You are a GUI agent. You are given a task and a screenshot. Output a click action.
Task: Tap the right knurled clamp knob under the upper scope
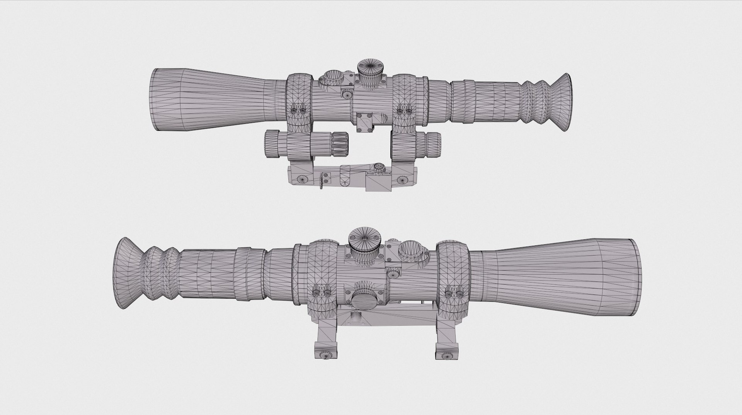[433, 143]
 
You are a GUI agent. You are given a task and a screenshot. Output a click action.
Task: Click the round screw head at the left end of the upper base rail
[300, 179]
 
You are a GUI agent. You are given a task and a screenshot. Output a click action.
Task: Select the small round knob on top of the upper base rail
[379, 167]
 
